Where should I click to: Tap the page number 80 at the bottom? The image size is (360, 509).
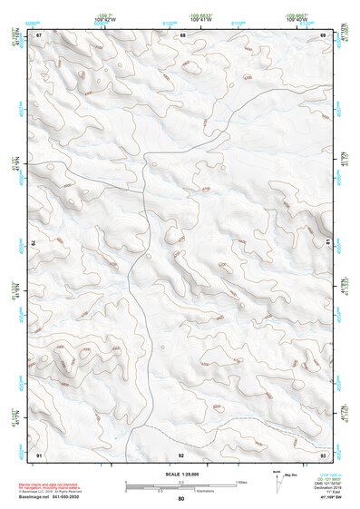[181, 499]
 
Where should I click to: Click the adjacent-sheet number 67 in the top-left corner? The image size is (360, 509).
[39, 34]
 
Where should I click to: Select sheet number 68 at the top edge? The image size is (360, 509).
[182, 34]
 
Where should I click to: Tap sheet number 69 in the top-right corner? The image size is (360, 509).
[324, 34]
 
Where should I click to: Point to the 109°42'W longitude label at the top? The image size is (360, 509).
[103, 19]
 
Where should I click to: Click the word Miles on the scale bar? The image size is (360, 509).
[241, 482]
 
